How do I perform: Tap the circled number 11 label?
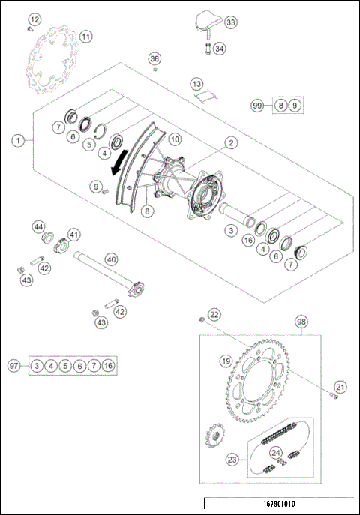pos(85,36)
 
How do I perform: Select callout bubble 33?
pos(229,23)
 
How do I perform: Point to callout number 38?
pos(154,58)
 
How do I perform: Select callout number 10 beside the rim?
pos(174,139)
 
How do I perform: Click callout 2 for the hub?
pos(231,142)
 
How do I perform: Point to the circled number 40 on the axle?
pos(111,259)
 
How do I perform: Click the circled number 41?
pos(74,235)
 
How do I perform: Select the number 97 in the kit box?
pos(13,365)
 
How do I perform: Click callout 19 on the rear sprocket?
pos(224,361)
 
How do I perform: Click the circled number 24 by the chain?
pos(276,453)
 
